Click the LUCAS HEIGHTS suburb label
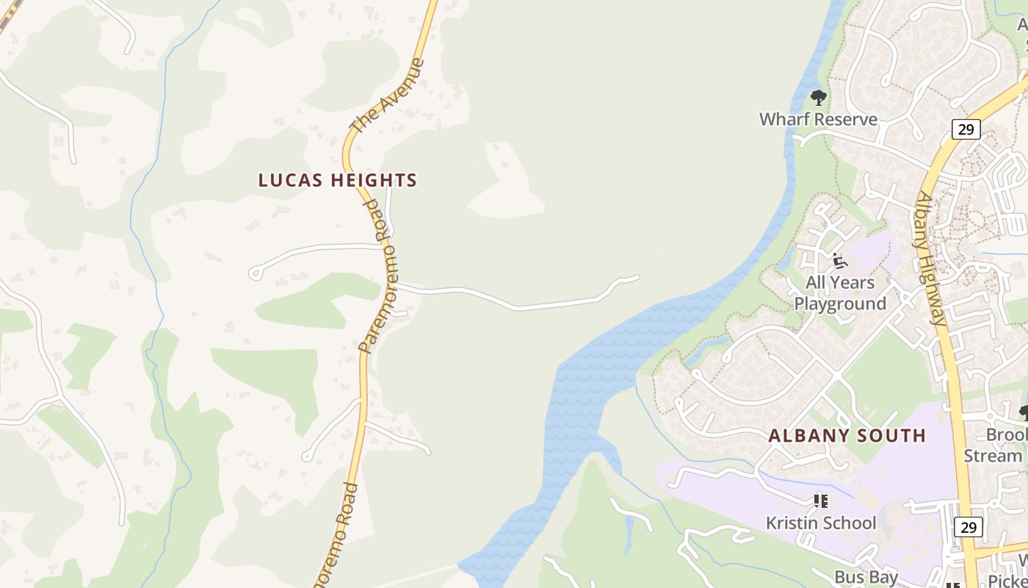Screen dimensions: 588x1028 coord(338,180)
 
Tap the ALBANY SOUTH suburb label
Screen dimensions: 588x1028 coord(847,435)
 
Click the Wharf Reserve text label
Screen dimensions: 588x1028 coord(818,119)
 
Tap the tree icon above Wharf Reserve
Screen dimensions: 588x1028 coord(818,97)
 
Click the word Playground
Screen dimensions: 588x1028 coord(840,304)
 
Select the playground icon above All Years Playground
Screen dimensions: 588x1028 coord(840,261)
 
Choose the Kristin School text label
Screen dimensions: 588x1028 coord(821,523)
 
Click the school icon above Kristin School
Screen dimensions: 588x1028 coord(820,501)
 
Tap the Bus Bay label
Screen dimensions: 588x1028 coord(866,577)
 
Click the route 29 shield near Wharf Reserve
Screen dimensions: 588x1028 coord(966,129)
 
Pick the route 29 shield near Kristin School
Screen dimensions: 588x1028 coord(969,526)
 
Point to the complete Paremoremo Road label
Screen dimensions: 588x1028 coord(375,277)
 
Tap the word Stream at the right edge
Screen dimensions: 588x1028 coord(993,456)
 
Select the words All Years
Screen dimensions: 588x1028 coord(840,282)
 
